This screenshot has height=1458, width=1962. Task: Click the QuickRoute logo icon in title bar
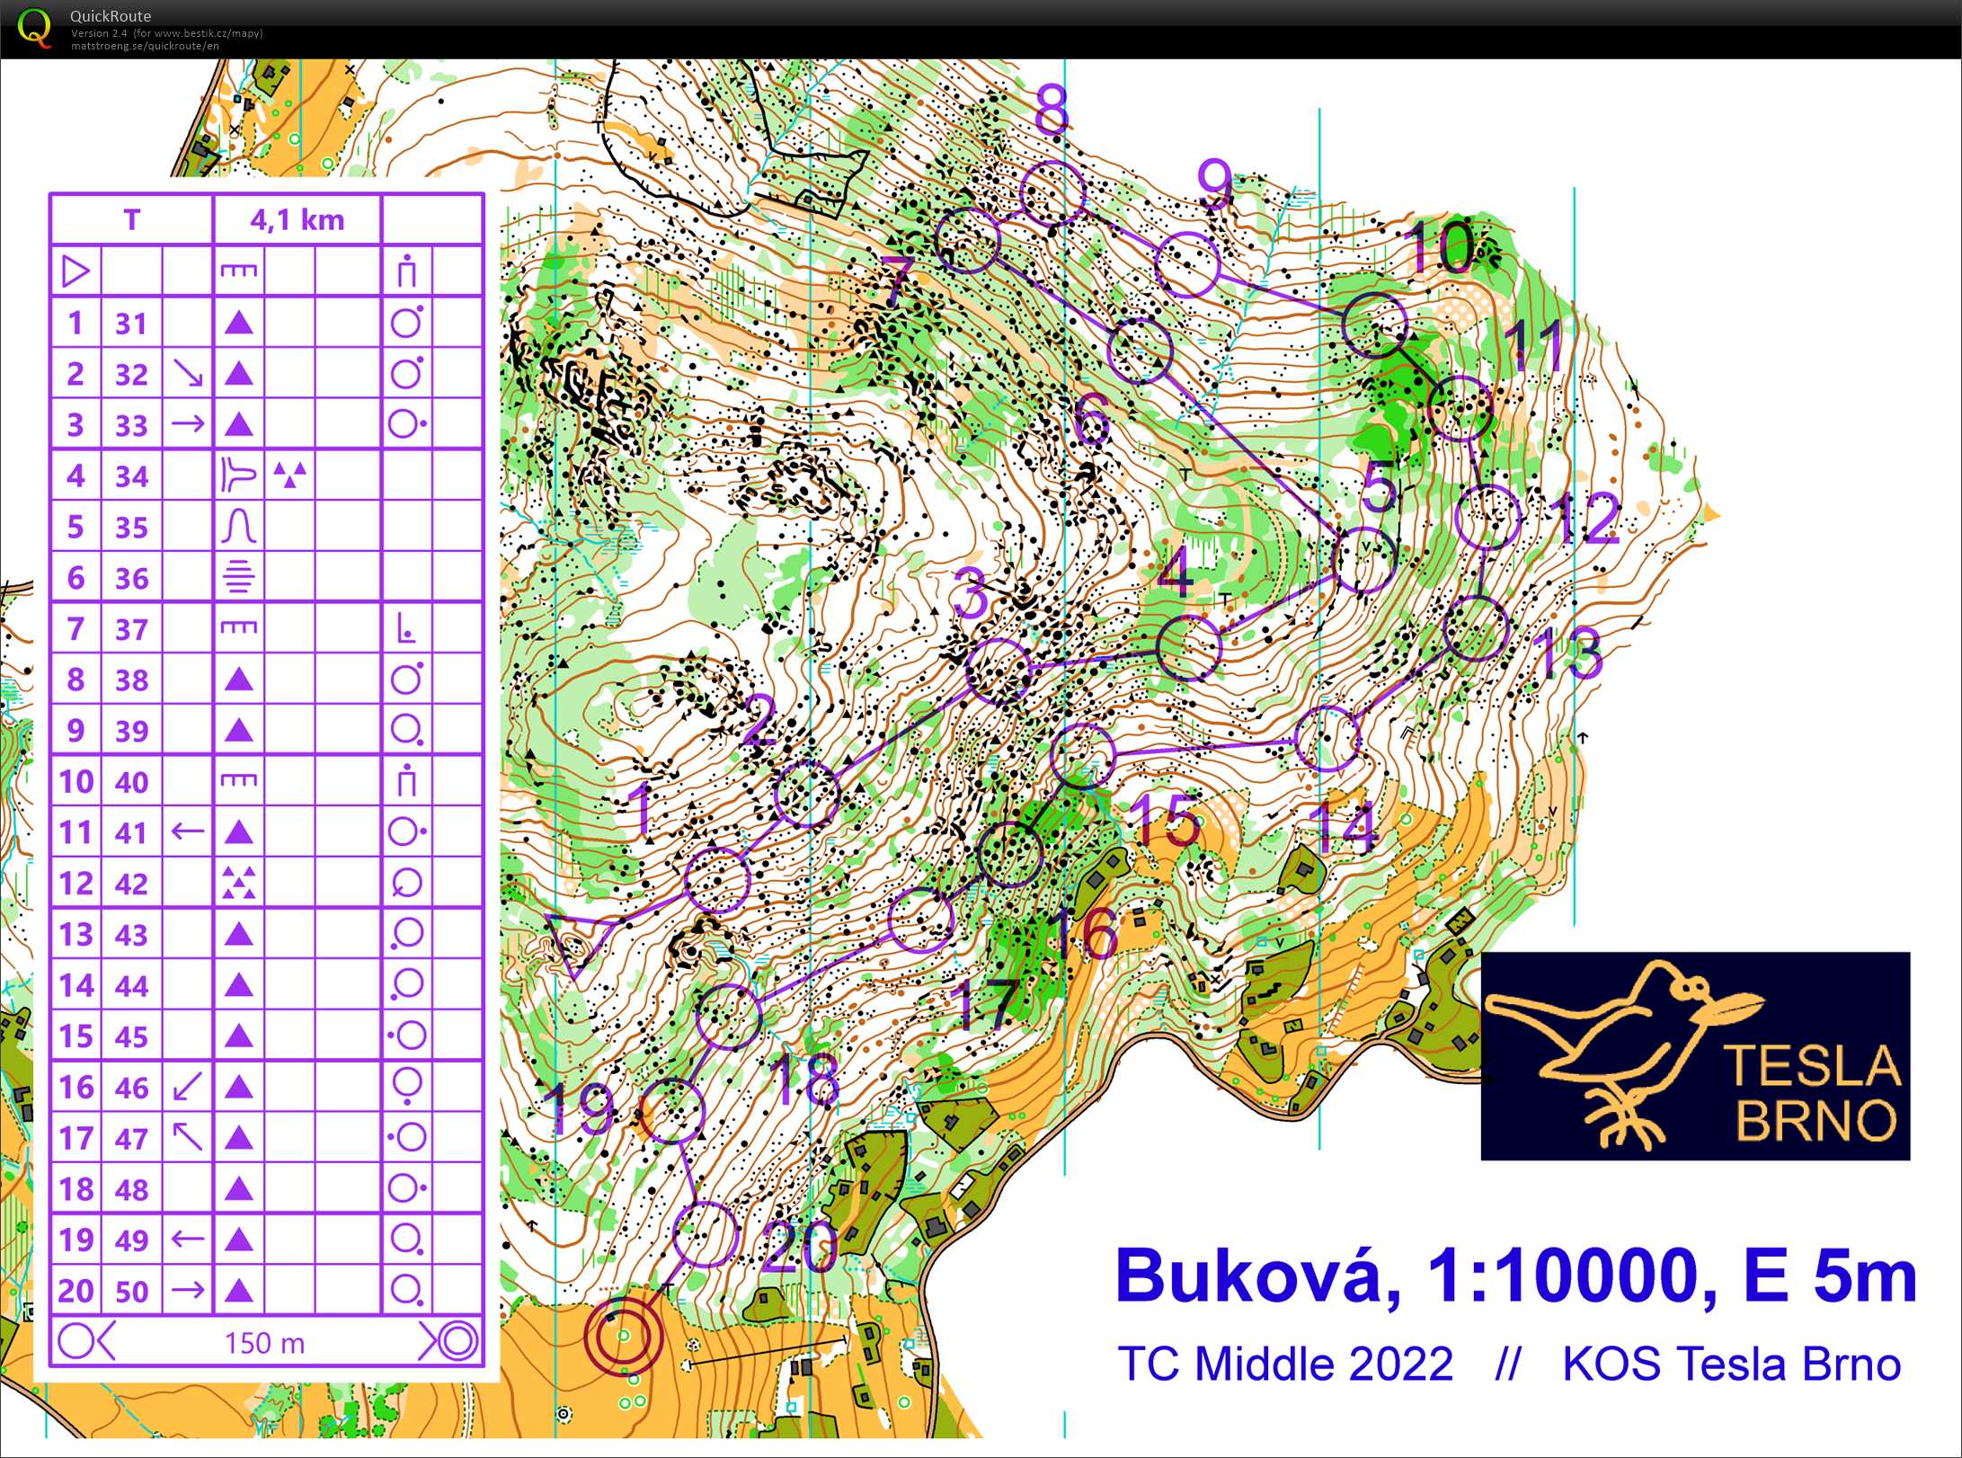[34, 27]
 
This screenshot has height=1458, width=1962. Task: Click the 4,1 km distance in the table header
[297, 219]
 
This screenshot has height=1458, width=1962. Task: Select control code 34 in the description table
[131, 476]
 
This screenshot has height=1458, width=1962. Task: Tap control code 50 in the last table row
[131, 1291]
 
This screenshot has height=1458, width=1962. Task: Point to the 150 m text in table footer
[265, 1343]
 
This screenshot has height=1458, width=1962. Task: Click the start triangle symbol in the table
[75, 271]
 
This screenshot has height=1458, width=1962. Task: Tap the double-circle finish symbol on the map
[624, 1336]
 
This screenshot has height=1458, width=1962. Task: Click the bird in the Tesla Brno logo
[1618, 1043]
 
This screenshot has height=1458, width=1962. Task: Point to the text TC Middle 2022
[1285, 1364]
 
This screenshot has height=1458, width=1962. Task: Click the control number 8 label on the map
[1051, 110]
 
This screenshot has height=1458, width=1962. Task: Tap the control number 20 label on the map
[799, 1247]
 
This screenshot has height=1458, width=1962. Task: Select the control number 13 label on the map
[1568, 654]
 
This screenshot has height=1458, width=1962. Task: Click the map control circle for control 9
[1186, 263]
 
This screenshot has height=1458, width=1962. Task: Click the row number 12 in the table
[75, 884]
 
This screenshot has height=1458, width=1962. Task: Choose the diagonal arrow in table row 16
[187, 1087]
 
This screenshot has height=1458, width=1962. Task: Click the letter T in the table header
[131, 219]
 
